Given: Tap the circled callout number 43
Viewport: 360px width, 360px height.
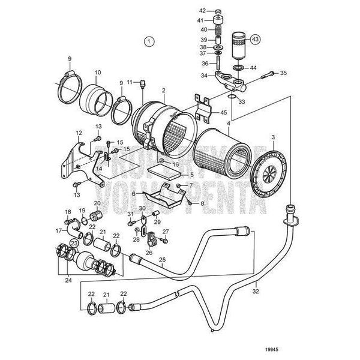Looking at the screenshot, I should click(256, 39).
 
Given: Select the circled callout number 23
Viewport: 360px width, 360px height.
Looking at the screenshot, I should click(74, 243).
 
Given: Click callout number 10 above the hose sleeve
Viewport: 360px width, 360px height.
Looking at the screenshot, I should click(98, 73).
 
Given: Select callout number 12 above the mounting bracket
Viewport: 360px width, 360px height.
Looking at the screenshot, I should click(79, 133).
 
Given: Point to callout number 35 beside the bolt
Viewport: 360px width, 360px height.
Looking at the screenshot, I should click(284, 73).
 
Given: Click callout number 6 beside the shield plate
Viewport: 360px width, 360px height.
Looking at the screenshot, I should click(133, 194).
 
